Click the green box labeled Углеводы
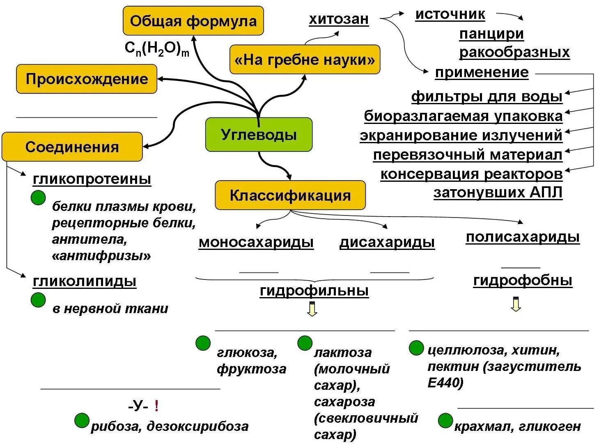point(259,135)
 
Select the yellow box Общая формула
point(193,21)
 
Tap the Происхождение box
point(87,79)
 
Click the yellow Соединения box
point(72,147)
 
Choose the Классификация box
point(290,195)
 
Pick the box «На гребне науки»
point(305,60)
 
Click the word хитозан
point(339,19)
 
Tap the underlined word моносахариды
point(256,242)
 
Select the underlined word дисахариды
point(387,242)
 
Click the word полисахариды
point(522,237)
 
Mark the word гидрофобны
point(522,280)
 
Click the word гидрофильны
point(314,291)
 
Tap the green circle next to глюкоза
point(203,343)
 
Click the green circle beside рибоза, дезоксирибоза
point(82,421)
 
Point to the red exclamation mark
point(156,406)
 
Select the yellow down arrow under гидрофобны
point(516,304)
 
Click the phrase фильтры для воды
point(487,97)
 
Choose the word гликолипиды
point(85,282)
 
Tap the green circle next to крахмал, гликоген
point(445,421)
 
